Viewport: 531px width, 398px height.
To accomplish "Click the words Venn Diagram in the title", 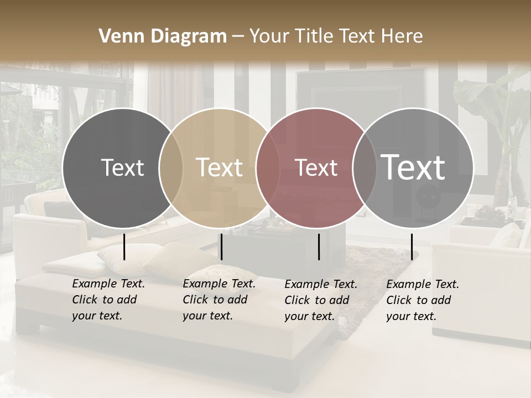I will [163, 36].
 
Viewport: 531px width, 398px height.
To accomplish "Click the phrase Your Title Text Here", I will [336, 36].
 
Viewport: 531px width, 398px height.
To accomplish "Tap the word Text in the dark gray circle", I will [122, 167].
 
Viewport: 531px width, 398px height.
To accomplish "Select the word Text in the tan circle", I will [220, 167].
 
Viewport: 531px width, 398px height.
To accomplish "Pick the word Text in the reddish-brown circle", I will [316, 167].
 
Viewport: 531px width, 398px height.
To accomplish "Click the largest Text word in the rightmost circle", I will [413, 167].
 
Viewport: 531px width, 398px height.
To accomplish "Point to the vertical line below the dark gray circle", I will [124, 247].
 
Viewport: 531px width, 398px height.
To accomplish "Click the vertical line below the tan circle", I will [221, 247].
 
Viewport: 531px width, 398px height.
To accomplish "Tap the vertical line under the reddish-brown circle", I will [319, 247].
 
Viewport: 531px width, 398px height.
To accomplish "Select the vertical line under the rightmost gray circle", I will [412, 247].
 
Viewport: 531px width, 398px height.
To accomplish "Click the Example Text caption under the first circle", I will [108, 300].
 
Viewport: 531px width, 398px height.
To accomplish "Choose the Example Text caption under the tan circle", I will [219, 300].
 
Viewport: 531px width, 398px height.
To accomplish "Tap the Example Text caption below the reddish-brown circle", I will [321, 300].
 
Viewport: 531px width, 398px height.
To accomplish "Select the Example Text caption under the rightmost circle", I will [423, 300].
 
